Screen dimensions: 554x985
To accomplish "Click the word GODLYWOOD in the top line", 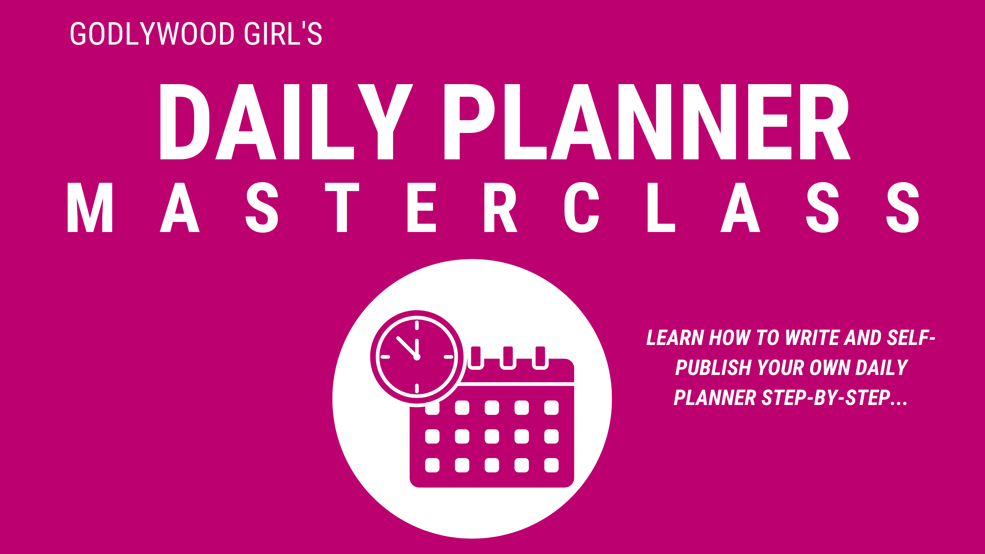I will click(x=152, y=34).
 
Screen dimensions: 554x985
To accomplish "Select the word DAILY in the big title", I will click(x=287, y=122).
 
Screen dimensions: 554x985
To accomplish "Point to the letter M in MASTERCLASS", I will click(x=90, y=207).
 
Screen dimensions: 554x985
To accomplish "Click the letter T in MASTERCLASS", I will click(x=342, y=207).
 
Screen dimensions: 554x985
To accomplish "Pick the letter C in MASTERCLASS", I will click(x=582, y=207).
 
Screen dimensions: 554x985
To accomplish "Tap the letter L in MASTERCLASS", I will click(x=660, y=207).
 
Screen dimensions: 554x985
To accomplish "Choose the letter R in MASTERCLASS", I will click(x=500, y=207).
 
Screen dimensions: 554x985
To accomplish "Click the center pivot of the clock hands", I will click(x=417, y=357).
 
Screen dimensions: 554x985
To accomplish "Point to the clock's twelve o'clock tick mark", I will click(x=417, y=325).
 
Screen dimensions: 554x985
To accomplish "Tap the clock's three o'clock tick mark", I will click(x=448, y=357).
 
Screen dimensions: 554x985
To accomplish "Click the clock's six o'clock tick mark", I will click(x=417, y=389).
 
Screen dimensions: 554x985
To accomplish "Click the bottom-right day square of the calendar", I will click(x=551, y=465).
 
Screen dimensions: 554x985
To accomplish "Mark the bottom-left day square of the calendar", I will click(x=432, y=465).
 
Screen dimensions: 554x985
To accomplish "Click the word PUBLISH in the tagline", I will click(x=713, y=368).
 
